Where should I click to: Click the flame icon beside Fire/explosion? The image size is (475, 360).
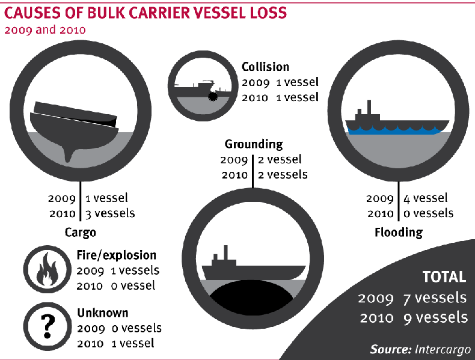(x=47, y=269)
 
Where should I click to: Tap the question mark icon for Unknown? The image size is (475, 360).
(x=47, y=326)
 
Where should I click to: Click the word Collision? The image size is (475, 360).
(x=265, y=67)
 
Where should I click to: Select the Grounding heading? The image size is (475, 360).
(x=254, y=144)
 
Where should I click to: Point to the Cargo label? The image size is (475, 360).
(x=81, y=233)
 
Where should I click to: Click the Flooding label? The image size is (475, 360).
(x=399, y=233)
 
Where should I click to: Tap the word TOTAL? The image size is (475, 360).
(x=444, y=277)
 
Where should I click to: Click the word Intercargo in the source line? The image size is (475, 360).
(x=443, y=349)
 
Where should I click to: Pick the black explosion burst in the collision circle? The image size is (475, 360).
(x=213, y=97)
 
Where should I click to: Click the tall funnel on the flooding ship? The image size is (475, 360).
(x=369, y=107)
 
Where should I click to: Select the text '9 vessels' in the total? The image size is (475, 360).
(x=435, y=317)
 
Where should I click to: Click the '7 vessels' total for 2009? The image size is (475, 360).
(x=435, y=298)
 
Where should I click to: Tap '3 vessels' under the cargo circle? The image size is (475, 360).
(x=110, y=213)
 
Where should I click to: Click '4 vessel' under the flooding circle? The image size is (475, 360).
(x=425, y=198)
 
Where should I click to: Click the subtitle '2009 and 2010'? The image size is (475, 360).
(x=45, y=30)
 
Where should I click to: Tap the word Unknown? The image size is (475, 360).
(x=103, y=313)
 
